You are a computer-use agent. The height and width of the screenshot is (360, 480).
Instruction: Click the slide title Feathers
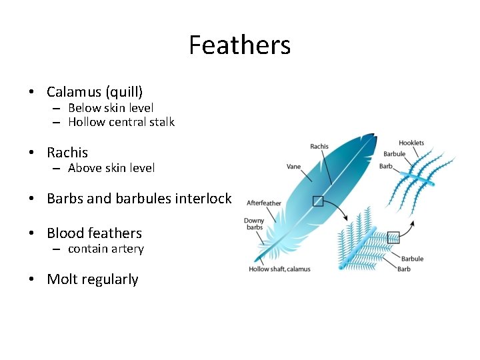coord(239,45)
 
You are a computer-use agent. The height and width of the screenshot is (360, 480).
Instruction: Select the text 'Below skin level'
coord(111,107)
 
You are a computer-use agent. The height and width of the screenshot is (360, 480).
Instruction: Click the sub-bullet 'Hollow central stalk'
coord(121,122)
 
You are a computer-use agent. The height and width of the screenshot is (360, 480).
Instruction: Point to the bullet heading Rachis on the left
coord(67,153)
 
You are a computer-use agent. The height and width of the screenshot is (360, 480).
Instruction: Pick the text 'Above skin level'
coord(111,168)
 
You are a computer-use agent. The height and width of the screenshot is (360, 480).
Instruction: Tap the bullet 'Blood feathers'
coord(94,233)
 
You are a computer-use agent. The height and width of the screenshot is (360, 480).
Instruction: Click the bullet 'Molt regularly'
coord(92,279)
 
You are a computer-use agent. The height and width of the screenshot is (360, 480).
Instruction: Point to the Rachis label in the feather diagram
coord(319,147)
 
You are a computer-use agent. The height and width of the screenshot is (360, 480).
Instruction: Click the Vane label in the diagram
coord(293,167)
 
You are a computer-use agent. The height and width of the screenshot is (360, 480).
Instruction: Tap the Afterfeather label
coord(264,203)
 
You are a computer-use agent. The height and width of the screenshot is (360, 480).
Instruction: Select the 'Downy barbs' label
coord(254,224)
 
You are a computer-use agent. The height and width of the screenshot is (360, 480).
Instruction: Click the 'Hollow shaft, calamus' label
coord(279,269)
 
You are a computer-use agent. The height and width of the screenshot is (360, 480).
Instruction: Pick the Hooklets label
coord(411,143)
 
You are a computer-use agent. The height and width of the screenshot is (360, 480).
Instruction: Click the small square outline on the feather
coord(318,201)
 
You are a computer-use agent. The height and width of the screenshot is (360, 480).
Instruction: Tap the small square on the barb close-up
coord(393,236)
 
